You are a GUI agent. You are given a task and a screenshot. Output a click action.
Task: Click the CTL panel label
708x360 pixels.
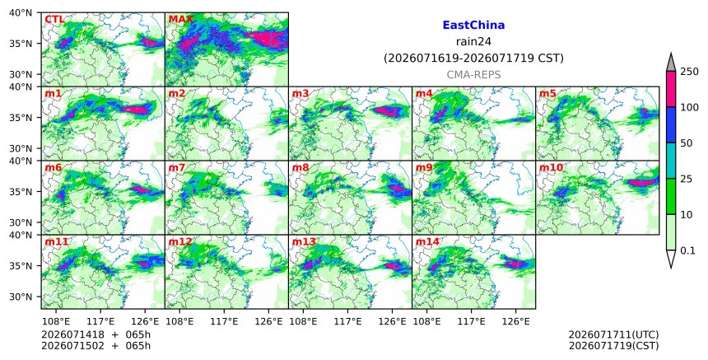pyautogui.click(x=54, y=20)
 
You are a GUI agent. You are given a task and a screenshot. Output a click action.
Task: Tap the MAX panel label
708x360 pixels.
pyautogui.click(x=180, y=20)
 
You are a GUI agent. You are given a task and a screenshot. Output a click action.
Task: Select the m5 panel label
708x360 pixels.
pyautogui.click(x=547, y=93)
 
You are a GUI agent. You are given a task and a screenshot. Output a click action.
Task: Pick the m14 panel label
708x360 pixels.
pyautogui.click(x=427, y=241)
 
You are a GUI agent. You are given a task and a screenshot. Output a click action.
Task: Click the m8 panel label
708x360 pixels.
pyautogui.click(x=300, y=167)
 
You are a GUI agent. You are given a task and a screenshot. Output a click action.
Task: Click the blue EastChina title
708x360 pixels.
pyautogui.click(x=473, y=26)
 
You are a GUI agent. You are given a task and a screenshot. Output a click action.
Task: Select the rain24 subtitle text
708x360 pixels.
pyautogui.click(x=473, y=42)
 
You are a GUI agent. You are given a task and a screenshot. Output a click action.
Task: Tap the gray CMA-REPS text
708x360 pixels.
pyautogui.click(x=473, y=75)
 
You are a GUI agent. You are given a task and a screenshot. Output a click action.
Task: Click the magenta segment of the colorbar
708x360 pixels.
pyautogui.click(x=671, y=89)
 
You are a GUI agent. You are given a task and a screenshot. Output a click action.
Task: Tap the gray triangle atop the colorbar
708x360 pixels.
pyautogui.click(x=671, y=63)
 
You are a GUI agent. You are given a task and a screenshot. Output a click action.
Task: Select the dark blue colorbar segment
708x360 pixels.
pyautogui.click(x=671, y=125)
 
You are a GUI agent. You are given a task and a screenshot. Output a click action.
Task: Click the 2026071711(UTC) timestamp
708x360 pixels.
pyautogui.click(x=613, y=334)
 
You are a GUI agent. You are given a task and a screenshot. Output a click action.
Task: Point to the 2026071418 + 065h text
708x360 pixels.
pyautogui.click(x=95, y=334)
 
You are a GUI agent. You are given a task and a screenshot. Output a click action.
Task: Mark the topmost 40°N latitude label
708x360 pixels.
pyautogui.click(x=21, y=12)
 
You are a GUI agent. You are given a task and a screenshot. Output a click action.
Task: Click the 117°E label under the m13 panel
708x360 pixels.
pyautogui.click(x=347, y=321)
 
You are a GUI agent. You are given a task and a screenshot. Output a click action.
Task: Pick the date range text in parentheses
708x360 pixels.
pyautogui.click(x=473, y=58)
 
